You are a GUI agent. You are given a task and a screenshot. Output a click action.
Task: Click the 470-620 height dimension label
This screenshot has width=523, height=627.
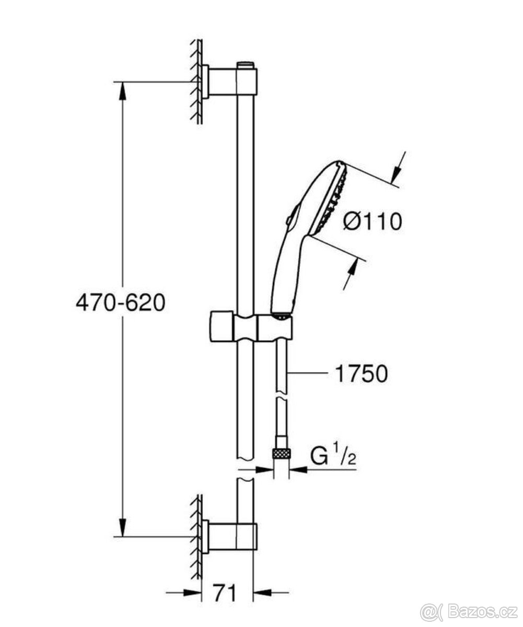pyautogui.click(x=120, y=303)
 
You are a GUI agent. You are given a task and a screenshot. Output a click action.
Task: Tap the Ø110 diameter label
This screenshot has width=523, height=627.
pyautogui.click(x=373, y=222)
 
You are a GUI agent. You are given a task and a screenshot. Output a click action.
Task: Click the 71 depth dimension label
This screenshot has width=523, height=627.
pyautogui.click(x=225, y=593)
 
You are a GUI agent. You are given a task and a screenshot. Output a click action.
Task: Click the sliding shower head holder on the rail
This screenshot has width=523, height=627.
pyautogui.click(x=250, y=328)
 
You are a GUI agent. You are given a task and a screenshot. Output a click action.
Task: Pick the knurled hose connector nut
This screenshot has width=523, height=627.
pyautogui.click(x=282, y=453)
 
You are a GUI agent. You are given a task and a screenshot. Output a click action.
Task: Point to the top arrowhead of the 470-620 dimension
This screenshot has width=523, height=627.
pyautogui.click(x=122, y=91)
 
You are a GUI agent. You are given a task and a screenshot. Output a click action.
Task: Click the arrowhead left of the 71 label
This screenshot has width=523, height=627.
pyautogui.click(x=193, y=593)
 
